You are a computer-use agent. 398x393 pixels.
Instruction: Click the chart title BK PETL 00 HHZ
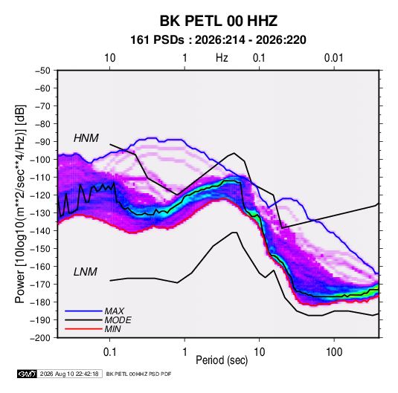point(219,21)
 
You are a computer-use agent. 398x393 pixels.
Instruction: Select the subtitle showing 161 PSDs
point(218,40)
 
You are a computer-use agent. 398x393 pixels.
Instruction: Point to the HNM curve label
point(86,138)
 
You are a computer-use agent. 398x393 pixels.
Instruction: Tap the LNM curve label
point(86,272)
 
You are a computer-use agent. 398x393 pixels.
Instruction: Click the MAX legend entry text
point(115,311)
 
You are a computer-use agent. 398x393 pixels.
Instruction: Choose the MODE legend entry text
point(118,320)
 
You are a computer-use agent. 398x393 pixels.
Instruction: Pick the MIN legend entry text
point(112,329)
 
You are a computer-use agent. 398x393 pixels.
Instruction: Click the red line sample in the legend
point(83,329)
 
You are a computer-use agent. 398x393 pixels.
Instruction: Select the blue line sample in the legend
point(83,311)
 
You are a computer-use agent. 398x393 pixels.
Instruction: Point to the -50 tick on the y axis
point(42,71)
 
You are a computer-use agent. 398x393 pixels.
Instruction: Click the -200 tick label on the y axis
point(40,338)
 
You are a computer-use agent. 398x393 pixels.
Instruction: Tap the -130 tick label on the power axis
point(40,213)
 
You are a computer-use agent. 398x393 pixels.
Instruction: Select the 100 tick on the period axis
point(334,352)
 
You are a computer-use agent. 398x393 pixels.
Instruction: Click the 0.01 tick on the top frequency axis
point(334,58)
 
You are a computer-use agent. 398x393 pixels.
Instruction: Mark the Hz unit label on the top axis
point(222,58)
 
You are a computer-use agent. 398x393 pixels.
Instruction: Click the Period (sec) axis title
point(222,360)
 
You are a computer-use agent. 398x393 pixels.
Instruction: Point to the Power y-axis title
point(20,204)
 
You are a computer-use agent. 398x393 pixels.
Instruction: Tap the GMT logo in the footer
point(28,374)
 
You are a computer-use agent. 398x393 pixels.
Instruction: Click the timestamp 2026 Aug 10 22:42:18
point(69,374)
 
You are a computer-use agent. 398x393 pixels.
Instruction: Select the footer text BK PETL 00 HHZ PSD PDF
point(138,374)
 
